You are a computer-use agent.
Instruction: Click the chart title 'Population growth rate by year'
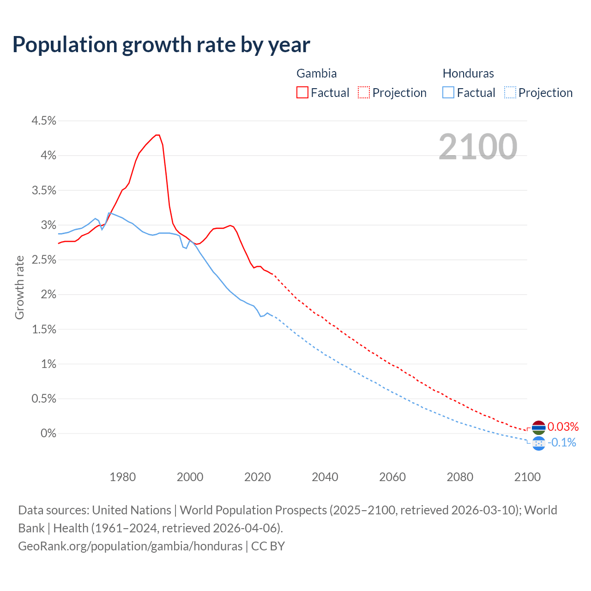[161, 45]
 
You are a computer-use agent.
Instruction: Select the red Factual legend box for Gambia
[302, 92]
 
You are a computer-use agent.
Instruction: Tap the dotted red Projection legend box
[364, 92]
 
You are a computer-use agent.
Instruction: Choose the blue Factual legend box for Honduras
[448, 92]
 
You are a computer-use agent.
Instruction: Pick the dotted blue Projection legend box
[510, 92]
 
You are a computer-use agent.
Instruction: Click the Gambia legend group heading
[316, 73]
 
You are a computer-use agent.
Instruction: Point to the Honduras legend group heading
[468, 73]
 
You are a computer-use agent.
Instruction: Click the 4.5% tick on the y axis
[43, 121]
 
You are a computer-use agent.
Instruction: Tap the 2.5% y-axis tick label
[43, 260]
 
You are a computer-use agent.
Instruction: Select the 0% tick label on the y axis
[48, 434]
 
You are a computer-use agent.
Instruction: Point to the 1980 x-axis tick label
[122, 477]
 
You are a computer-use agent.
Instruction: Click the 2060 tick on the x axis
[392, 477]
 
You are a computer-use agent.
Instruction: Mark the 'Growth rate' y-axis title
[19, 287]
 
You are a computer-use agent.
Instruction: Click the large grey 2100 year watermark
[478, 147]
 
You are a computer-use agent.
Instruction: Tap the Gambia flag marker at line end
[538, 428]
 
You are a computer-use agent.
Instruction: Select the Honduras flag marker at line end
[538, 443]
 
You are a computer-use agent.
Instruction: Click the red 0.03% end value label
[563, 427]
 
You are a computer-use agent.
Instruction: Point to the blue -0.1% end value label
[562, 443]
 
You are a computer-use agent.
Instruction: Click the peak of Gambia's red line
[157, 135]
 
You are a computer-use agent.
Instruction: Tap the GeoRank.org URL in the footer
[130, 546]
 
